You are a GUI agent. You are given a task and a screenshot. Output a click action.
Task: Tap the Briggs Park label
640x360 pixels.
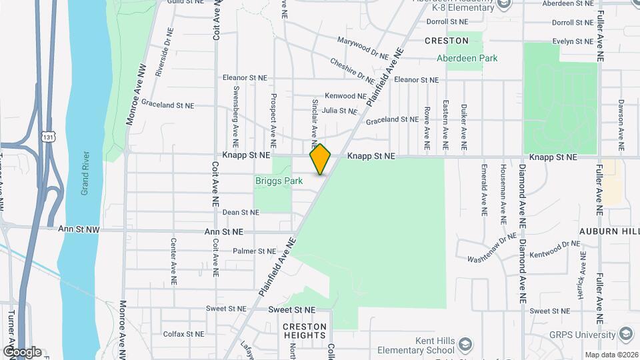pos(279,181)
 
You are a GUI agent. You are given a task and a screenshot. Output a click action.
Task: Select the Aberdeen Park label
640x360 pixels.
pos(467,58)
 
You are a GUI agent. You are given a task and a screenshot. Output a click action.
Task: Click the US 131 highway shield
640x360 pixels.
pos(47,135)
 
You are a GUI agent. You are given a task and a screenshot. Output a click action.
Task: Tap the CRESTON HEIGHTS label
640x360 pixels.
pos(305,331)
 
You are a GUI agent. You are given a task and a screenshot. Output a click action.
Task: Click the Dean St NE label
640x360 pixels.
pos(240,212)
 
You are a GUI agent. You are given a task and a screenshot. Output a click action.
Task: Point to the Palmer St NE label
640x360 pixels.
pos(254,251)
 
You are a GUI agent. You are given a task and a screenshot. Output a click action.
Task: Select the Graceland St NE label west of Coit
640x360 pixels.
pos(167,105)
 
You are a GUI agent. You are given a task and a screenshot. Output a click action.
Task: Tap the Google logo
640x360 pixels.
pos(21,351)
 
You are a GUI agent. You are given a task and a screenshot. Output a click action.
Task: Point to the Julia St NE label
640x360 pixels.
pos(339,111)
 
